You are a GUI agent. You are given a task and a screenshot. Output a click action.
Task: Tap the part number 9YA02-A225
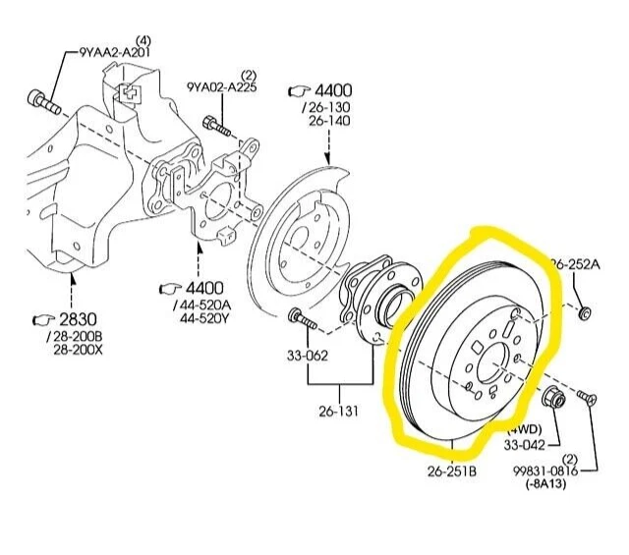click(223, 87)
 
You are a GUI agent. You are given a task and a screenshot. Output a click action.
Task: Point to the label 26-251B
click(452, 471)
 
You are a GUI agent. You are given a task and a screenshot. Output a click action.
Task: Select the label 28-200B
click(78, 337)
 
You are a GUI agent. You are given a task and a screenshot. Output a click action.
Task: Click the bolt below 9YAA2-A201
click(41, 100)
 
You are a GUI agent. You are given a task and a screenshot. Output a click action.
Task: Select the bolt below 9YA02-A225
click(217, 127)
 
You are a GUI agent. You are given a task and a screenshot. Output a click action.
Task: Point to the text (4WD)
click(524, 429)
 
